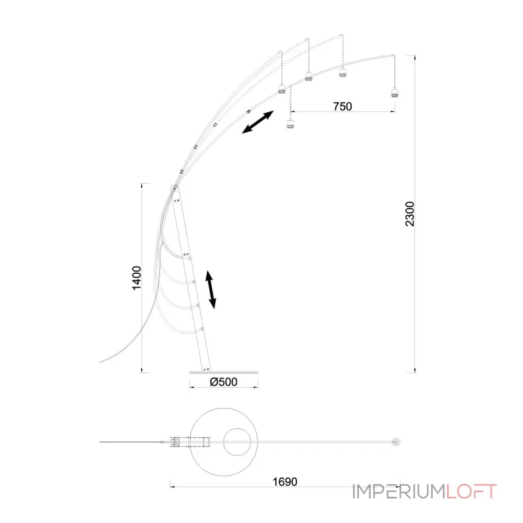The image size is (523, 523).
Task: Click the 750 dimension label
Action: coord(342,107)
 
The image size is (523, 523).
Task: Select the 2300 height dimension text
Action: coord(410,214)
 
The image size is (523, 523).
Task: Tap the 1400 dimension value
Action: coord(137,278)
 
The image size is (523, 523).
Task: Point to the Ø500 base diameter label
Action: coord(224,382)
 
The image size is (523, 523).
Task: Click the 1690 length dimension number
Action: coord(285,482)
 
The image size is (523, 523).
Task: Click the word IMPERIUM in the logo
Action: coord(399,492)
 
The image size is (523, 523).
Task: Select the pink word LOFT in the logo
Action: coord(471,492)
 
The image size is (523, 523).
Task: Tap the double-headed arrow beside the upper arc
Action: coord(258,122)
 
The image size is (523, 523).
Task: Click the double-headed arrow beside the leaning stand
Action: coord(211,290)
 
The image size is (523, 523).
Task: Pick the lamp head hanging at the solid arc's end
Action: coord(395,92)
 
